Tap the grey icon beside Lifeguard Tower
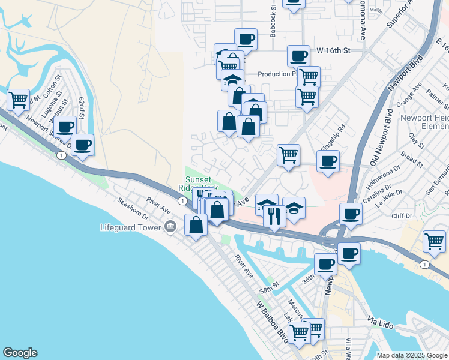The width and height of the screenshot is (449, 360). [x=170, y=227]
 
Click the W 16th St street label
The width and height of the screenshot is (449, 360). [x=334, y=52]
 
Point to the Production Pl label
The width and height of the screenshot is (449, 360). [x=277, y=74]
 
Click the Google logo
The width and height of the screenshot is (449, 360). [x=20, y=353]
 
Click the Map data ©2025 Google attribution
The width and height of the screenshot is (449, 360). [x=411, y=355]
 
